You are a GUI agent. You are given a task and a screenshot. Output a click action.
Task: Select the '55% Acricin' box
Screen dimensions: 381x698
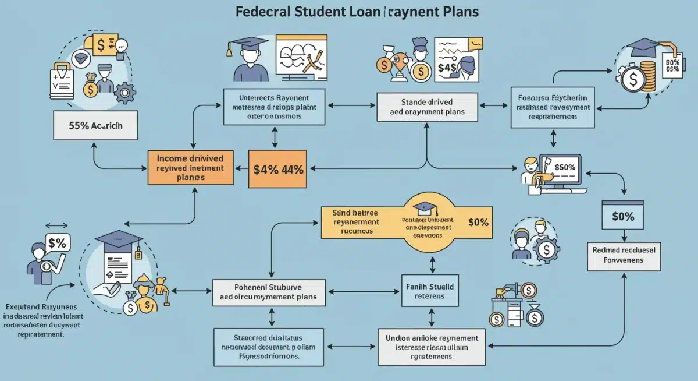point(95,125)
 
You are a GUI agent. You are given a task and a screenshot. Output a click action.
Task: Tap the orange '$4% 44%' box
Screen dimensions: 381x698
point(277,170)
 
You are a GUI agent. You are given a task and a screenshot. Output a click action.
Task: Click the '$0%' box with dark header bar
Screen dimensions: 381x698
point(623,216)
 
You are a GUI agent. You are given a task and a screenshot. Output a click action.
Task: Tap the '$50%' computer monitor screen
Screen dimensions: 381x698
point(564,168)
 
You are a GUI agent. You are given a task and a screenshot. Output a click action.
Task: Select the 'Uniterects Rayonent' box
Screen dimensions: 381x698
point(274,107)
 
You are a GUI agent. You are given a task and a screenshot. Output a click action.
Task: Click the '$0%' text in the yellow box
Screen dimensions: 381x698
point(479,222)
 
